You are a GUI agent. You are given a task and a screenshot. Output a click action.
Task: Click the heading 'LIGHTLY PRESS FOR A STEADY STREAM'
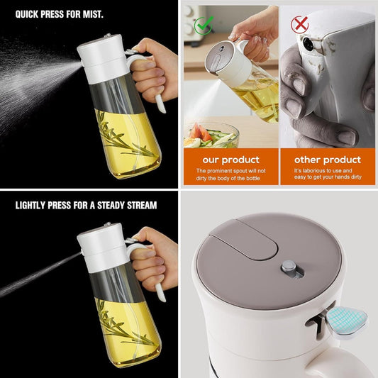point(86,206)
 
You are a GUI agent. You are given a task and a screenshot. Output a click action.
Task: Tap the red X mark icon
point(300,25)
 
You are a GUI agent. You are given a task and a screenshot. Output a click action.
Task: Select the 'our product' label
point(231,160)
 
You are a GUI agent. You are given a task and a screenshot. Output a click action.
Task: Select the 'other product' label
point(327,160)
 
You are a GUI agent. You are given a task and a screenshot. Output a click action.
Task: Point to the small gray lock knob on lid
point(287,267)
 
